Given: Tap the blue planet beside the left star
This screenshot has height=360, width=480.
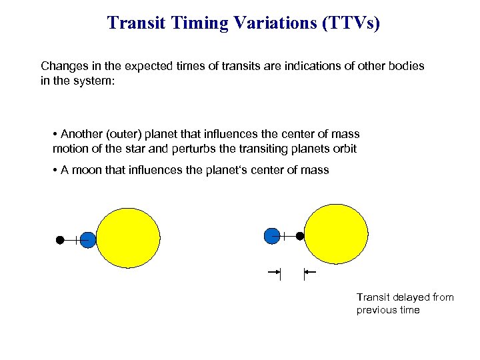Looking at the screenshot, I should point(88,239).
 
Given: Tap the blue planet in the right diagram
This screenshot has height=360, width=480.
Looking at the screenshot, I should point(271,235).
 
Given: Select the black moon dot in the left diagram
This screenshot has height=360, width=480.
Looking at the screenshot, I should point(60,239).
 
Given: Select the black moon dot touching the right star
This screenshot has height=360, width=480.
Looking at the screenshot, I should point(300,235).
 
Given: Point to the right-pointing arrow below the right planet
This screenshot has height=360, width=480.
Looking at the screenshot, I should point(274,272).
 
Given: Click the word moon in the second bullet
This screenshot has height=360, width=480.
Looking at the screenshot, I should point(87,170).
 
